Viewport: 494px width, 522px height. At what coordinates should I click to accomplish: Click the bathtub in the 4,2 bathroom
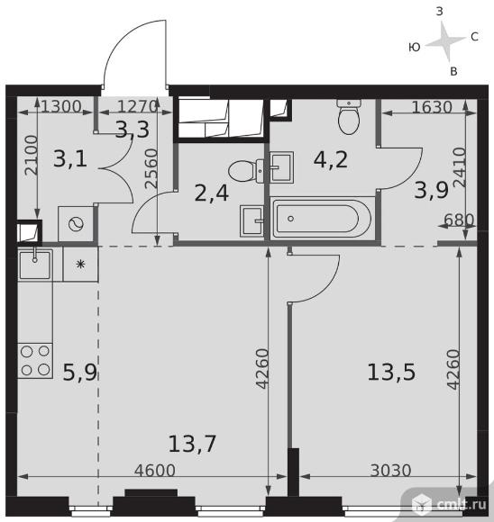tap(322, 219)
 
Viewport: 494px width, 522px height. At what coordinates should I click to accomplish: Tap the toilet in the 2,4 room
tap(245, 171)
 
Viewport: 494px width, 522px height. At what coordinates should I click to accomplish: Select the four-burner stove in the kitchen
tap(35, 361)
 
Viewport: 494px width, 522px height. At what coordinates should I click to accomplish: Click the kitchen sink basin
tap(35, 265)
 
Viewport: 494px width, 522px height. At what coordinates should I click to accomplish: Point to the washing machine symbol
tap(76, 224)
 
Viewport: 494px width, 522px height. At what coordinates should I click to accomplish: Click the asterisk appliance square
tap(80, 265)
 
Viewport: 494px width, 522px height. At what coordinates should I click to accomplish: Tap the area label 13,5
tap(391, 372)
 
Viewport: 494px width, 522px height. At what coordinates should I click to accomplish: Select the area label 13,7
tap(192, 444)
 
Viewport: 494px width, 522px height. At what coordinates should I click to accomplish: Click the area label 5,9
tap(79, 373)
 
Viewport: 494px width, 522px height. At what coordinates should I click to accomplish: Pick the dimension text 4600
tap(155, 471)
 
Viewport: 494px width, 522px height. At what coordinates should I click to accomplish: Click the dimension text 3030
tap(390, 471)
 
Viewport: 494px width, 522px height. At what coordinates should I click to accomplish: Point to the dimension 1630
tap(432, 107)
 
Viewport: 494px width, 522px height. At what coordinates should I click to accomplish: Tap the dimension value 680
tap(459, 220)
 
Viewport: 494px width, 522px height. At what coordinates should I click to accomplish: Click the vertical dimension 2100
tap(32, 156)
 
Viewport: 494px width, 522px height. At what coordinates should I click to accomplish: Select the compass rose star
tap(445, 41)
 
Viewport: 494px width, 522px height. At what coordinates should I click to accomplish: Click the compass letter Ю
tap(415, 48)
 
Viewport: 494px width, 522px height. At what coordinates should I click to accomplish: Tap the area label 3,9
tap(431, 191)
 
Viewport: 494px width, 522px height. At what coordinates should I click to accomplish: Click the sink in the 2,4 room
tap(252, 221)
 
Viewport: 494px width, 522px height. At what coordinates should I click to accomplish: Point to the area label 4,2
tap(331, 159)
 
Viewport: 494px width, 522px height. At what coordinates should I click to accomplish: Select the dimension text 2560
tap(151, 168)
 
